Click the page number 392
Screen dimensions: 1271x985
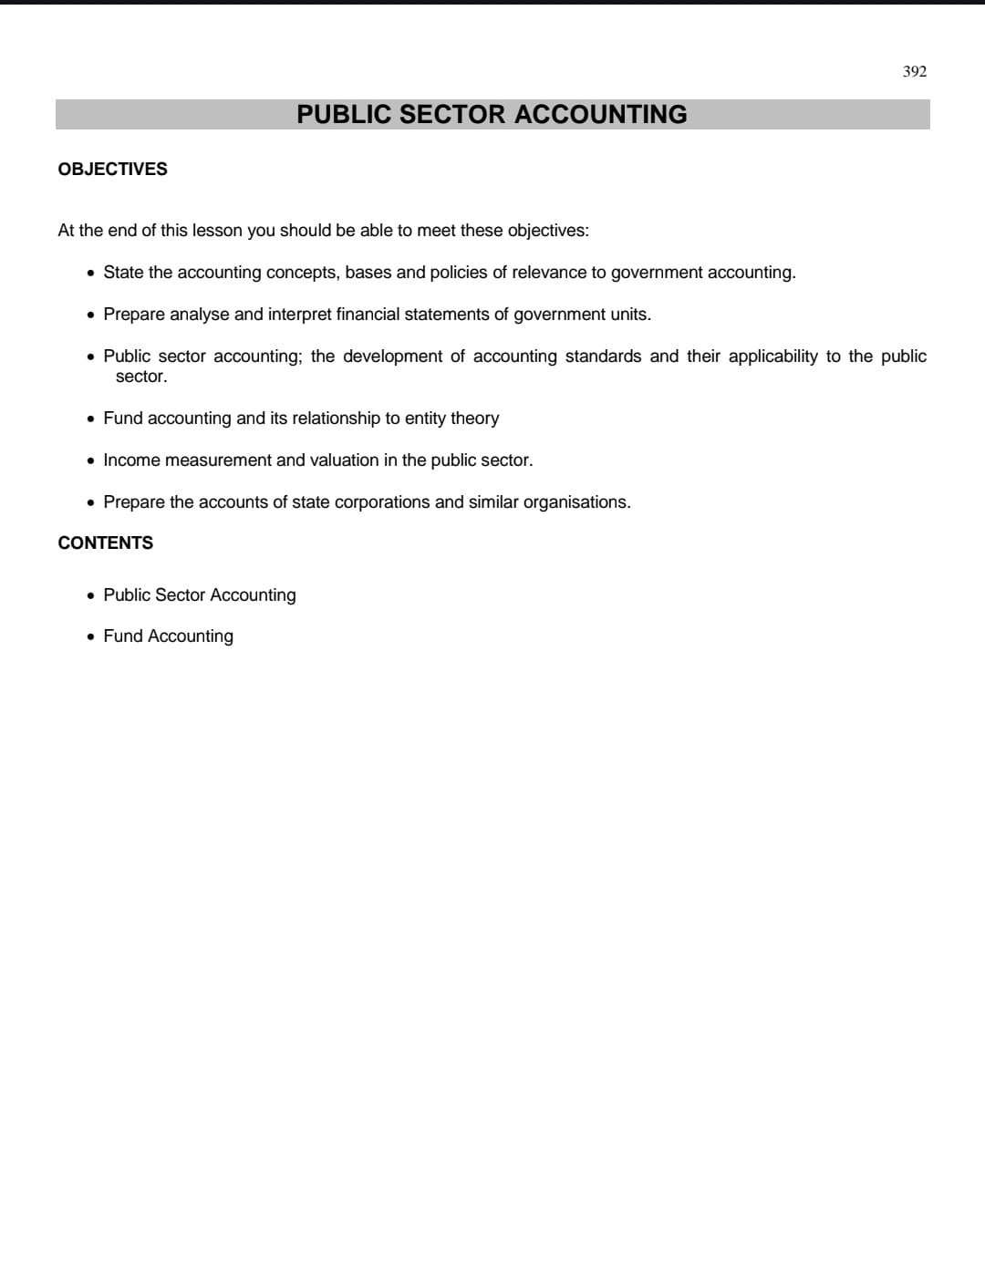[x=914, y=71]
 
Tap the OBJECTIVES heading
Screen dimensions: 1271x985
[x=112, y=169]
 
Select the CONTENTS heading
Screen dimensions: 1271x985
[x=105, y=542]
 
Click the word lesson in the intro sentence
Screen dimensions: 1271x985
[x=217, y=230]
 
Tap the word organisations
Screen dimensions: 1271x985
[x=576, y=501]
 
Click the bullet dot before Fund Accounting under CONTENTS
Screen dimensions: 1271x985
[x=90, y=636]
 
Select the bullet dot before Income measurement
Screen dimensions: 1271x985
[x=90, y=460]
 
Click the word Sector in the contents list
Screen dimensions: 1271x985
[x=180, y=594]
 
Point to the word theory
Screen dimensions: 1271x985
[x=474, y=418]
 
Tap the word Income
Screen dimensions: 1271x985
[x=131, y=460]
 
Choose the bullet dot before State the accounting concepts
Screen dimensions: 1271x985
[x=90, y=273]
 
